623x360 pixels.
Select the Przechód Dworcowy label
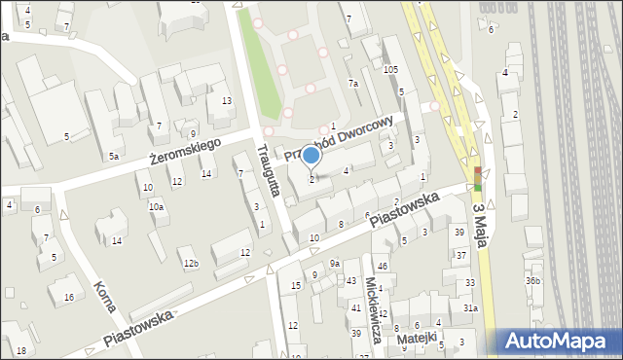(341, 139)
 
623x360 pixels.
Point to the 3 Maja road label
(479, 226)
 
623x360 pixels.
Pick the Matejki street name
(423, 341)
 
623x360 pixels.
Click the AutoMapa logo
(562, 341)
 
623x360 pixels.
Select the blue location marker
(311, 156)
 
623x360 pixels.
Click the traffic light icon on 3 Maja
(478, 177)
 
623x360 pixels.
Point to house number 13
(226, 101)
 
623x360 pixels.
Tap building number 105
(391, 69)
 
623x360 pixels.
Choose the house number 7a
(354, 85)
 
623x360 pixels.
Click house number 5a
(114, 156)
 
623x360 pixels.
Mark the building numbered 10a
(156, 206)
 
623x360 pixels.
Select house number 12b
(192, 264)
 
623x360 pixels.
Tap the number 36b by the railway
(532, 281)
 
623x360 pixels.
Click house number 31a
(470, 307)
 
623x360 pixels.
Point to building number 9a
(334, 264)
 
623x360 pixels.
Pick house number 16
(68, 297)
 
